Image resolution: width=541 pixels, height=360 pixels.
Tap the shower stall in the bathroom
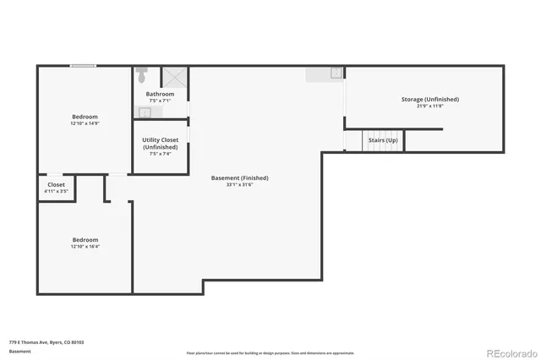tap(175, 76)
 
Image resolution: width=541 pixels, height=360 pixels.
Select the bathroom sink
tap(145, 111)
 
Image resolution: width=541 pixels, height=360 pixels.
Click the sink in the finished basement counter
tap(335, 74)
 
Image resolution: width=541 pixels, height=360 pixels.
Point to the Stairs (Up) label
tap(382, 139)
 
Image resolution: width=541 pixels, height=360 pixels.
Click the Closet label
tap(56, 184)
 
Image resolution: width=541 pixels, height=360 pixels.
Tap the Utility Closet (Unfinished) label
tap(160, 143)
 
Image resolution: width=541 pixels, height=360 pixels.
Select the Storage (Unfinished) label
tap(429, 99)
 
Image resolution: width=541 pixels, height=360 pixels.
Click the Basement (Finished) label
tap(240, 177)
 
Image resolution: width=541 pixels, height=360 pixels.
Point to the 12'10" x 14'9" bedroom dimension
tap(85, 123)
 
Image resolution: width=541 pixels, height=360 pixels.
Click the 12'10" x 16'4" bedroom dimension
tap(85, 246)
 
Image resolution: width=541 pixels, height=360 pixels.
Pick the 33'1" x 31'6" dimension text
tap(240, 184)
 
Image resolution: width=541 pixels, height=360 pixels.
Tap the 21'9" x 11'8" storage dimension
tap(429, 106)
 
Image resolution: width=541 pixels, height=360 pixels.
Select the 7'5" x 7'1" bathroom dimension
tap(160, 101)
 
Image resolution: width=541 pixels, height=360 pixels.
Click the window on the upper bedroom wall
tap(82, 66)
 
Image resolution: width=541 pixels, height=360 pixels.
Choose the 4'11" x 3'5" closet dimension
tap(56, 191)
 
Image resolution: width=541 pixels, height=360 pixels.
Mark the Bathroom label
tap(160, 94)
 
